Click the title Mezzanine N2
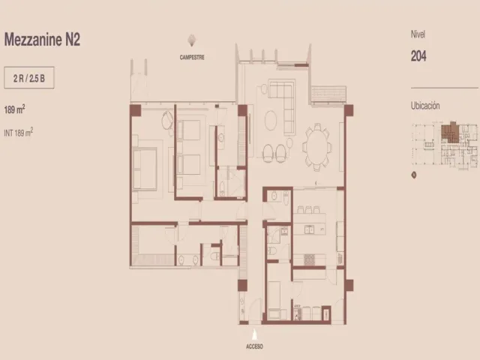[42, 40]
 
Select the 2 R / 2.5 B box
[29, 78]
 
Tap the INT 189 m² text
[18, 132]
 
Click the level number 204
[418, 56]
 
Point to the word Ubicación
[425, 106]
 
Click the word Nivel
[418, 34]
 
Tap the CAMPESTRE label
[192, 57]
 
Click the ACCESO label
[254, 346]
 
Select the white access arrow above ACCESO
[254, 334]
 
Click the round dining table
[317, 147]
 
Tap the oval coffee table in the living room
[271, 120]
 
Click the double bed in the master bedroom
[145, 168]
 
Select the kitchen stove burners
[309, 259]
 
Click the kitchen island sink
[309, 229]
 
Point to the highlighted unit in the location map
[450, 132]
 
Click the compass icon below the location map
[414, 175]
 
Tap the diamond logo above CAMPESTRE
[192, 40]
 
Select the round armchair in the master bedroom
[167, 120]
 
